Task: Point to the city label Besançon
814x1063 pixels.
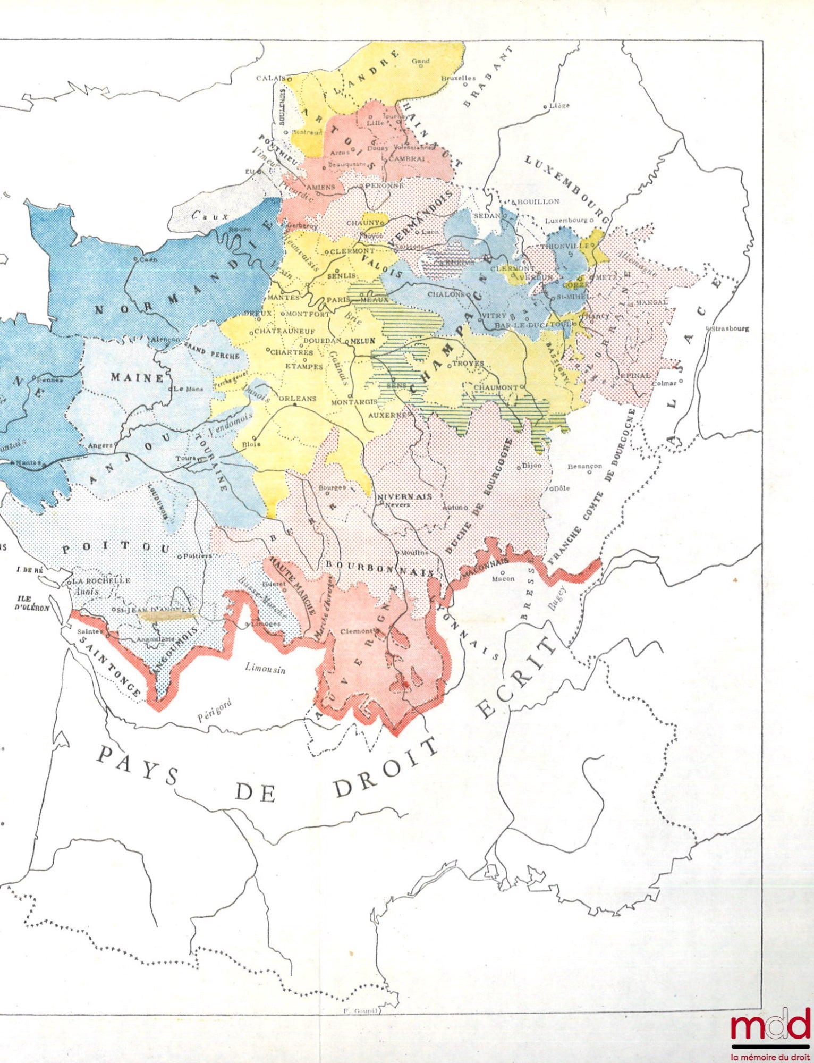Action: click(x=585, y=466)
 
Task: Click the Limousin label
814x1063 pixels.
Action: click(x=265, y=668)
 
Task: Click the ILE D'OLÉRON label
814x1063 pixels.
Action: click(x=32, y=603)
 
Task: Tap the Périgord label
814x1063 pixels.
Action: click(x=215, y=710)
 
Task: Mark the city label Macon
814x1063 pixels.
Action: click(x=503, y=579)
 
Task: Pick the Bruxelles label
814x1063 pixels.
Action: click(x=458, y=78)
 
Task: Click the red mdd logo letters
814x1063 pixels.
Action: click(x=770, y=1026)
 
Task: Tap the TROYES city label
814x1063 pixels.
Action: click(x=468, y=364)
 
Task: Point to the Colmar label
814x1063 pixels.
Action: click(x=664, y=383)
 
